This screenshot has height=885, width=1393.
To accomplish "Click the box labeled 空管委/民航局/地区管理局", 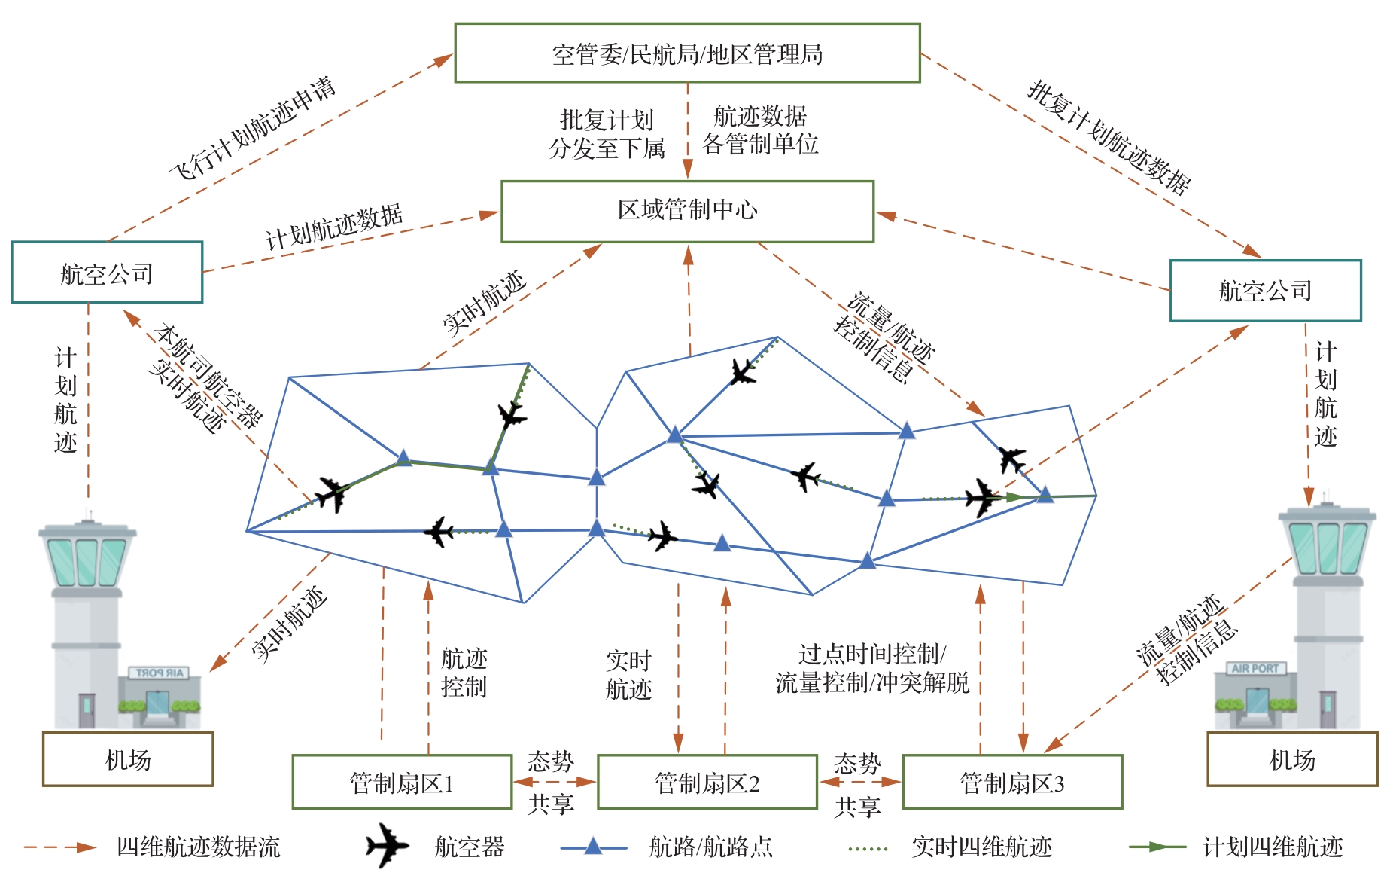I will coord(687,53).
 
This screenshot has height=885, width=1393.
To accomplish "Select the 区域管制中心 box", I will coord(687,211).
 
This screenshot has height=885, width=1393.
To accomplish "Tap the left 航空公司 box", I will coord(107,273).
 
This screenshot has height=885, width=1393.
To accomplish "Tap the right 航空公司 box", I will coord(1265,291).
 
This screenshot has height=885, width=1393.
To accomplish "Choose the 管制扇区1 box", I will coord(402,783).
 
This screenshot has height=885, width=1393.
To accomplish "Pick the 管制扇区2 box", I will coord(707,783).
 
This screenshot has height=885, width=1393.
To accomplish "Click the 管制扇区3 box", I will coord(1012,783).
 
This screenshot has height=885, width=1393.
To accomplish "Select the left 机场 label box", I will coord(128,759).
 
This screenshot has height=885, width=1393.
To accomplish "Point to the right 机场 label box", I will coord(1292,759).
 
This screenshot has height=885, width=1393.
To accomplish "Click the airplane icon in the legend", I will coord(388,846).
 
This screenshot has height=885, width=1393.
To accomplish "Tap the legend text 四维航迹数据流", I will coord(198,847).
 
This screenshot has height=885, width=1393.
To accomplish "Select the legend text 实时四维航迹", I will coord(981,847).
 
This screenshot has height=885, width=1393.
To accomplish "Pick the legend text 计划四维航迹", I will coord(1273,847).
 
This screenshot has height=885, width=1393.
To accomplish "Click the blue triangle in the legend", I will coord(593,846).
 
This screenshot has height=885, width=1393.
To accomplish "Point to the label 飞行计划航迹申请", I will coord(252,128).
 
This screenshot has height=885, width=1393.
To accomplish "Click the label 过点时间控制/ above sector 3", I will coord(872,653).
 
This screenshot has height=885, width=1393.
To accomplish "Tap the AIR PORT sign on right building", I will coord(1255,668).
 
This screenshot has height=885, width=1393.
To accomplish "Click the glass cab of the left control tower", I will coord(87,561).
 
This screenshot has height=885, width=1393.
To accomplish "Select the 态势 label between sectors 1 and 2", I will coord(551,761).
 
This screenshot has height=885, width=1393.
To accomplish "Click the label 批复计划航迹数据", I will coord(1109,137).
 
